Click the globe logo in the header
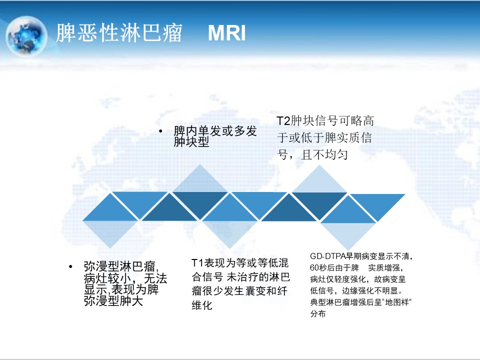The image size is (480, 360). click(x=26, y=36)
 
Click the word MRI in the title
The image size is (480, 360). click(x=227, y=33)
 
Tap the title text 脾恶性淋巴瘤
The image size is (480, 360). click(x=119, y=32)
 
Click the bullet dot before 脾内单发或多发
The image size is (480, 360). click(x=160, y=131)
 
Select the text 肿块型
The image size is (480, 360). click(x=191, y=141)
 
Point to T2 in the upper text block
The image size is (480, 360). click(x=283, y=120)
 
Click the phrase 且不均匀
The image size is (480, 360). click(x=324, y=154)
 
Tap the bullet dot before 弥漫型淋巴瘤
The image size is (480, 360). click(x=70, y=266)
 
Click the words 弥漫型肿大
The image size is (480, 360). click(x=113, y=301)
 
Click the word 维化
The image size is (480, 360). click(x=201, y=305)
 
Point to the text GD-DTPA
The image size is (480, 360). click(x=328, y=256)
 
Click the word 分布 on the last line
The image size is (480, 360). click(x=318, y=314)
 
